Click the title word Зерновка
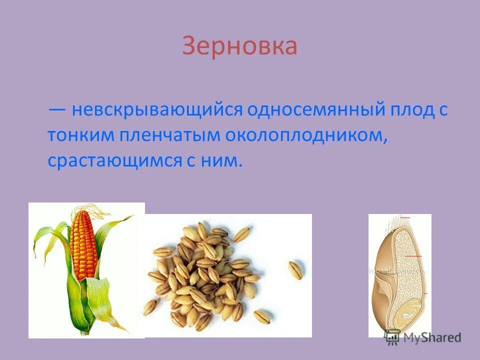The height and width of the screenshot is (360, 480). point(239,46)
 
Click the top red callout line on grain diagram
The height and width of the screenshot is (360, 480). point(405,217)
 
